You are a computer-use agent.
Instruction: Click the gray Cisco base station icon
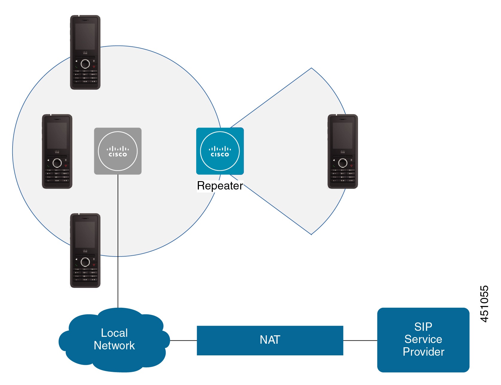click(x=118, y=151)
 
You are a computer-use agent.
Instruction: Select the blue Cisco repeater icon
click(x=220, y=151)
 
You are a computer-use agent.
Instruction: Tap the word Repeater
click(x=220, y=186)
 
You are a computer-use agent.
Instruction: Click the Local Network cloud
click(x=115, y=340)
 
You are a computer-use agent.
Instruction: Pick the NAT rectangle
click(x=270, y=340)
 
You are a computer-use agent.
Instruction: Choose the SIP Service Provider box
click(x=423, y=340)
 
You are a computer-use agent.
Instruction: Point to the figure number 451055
click(x=484, y=304)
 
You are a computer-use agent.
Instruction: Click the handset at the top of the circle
click(x=85, y=52)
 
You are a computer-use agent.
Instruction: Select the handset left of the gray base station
click(x=57, y=151)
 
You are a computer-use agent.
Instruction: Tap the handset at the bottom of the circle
click(x=85, y=250)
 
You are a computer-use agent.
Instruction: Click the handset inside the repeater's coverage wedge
click(x=343, y=151)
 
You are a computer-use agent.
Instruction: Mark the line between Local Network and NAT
click(x=183, y=340)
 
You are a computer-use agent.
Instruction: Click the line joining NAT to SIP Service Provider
click(x=360, y=340)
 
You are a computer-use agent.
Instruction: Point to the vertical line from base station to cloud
click(x=118, y=240)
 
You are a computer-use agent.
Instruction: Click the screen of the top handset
click(x=85, y=37)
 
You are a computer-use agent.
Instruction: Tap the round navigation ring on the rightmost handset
click(x=343, y=163)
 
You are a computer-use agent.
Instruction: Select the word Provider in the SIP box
click(x=423, y=352)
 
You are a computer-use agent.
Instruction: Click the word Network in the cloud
click(x=114, y=345)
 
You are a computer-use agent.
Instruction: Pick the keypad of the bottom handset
click(x=85, y=274)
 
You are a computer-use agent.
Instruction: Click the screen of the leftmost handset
click(x=57, y=135)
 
